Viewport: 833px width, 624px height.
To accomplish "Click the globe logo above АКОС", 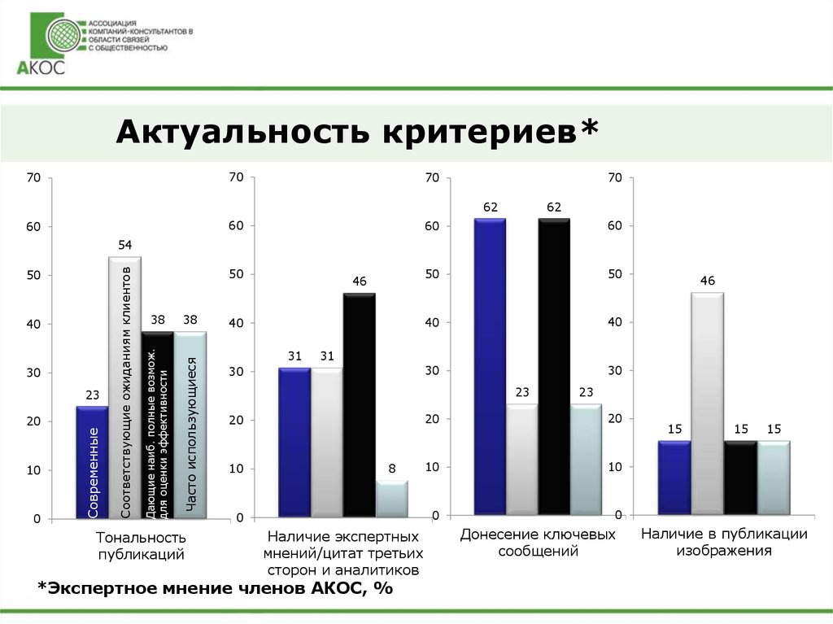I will [62, 37].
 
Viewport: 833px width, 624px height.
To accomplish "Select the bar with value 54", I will [124, 386].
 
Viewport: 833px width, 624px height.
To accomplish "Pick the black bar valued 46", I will [359, 404].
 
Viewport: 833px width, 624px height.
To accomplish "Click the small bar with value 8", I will [391, 499].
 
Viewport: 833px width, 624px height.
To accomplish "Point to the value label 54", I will [125, 245].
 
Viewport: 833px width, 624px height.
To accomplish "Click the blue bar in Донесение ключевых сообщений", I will [490, 365].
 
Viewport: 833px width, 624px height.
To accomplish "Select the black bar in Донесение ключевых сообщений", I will [553, 365].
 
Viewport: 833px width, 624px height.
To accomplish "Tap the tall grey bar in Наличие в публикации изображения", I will [707, 402].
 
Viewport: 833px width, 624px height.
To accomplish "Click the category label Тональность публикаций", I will [141, 546].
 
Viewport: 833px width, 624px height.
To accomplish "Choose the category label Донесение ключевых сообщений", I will [538, 543].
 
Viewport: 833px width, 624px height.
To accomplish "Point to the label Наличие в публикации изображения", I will [723, 543].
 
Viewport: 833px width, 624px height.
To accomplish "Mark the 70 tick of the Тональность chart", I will [33, 177].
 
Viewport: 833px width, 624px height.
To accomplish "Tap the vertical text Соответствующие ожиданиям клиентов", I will [125, 391].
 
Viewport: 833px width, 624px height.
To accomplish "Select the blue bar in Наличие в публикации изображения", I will [674, 477].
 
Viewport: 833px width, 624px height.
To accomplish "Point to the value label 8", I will [392, 469].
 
